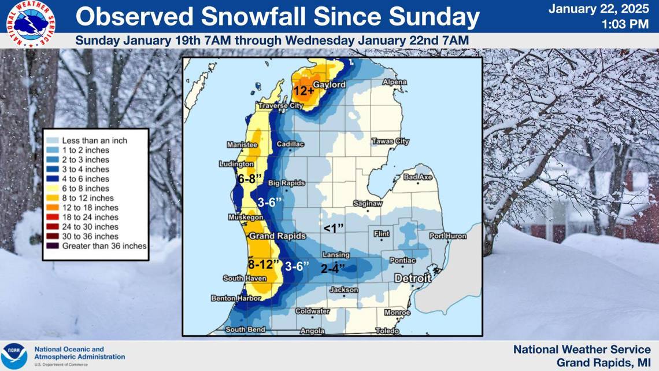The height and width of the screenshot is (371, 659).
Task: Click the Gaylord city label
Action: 329,85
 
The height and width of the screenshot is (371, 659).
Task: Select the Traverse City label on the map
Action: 280,106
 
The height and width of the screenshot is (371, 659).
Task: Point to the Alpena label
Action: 395,83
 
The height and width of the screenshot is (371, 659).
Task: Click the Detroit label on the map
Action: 413,278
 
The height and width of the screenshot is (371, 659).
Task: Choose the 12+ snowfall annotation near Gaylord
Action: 303,91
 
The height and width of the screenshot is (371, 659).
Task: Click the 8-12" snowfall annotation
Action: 265,265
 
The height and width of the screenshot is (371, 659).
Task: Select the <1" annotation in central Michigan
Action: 334,228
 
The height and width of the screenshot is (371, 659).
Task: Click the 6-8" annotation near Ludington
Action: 250,179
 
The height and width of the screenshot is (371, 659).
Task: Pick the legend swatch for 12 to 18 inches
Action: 51,208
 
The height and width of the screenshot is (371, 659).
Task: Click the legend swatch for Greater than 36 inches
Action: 51,246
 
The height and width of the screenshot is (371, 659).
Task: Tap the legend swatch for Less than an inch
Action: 51,141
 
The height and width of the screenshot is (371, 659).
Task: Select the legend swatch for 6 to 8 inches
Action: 51,189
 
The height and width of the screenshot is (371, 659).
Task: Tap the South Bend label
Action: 245,329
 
